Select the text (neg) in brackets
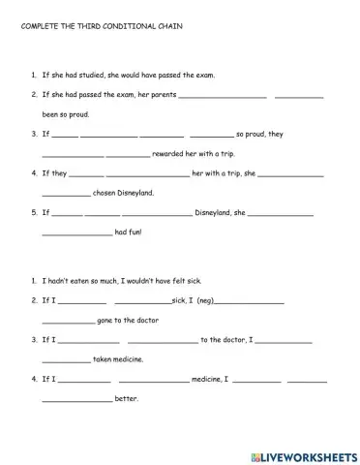(204, 301)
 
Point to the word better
(128, 399)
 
